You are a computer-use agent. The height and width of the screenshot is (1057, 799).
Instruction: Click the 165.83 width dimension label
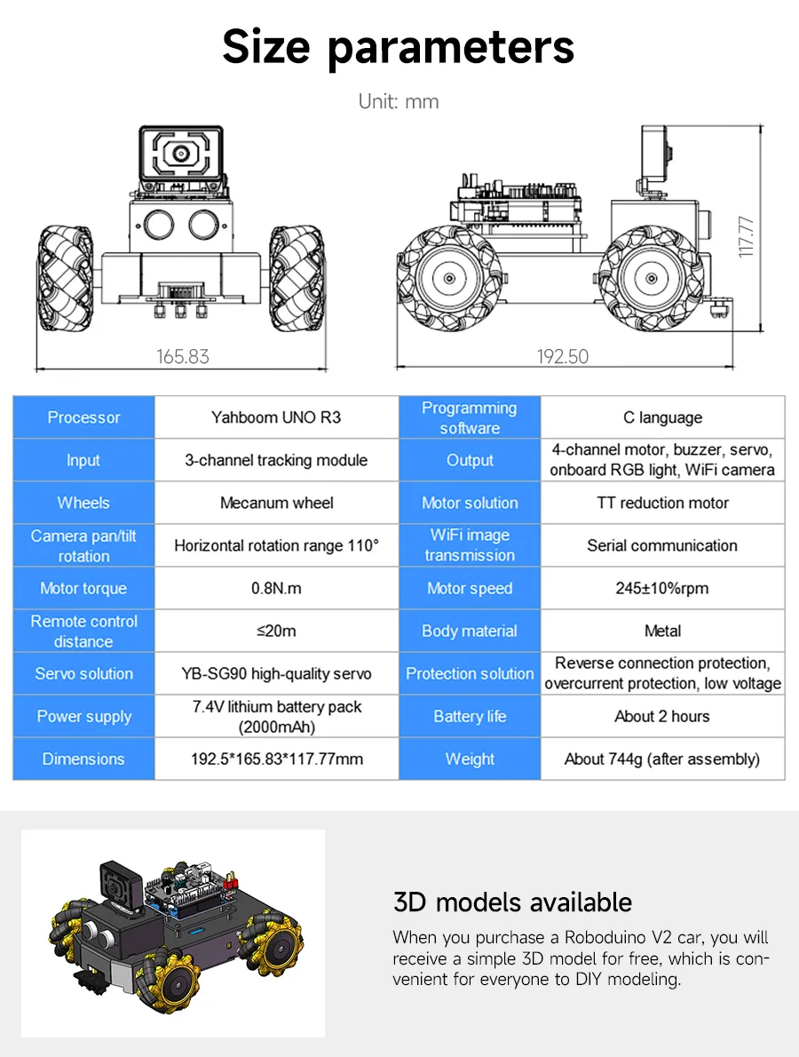pyautogui.click(x=183, y=357)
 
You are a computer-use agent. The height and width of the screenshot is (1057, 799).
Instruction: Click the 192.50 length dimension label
pyautogui.click(x=562, y=357)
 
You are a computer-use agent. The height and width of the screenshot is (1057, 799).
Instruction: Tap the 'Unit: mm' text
pyautogui.click(x=399, y=101)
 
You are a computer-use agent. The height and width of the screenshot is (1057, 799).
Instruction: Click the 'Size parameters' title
pyautogui.click(x=399, y=46)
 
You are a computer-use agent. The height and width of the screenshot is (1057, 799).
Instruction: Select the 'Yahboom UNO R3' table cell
pyautogui.click(x=276, y=417)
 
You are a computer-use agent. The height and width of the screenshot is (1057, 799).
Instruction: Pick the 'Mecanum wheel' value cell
pyautogui.click(x=276, y=503)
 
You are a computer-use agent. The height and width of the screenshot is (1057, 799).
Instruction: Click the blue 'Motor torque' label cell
pyautogui.click(x=83, y=588)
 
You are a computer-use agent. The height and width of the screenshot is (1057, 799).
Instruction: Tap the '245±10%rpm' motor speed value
pyautogui.click(x=662, y=588)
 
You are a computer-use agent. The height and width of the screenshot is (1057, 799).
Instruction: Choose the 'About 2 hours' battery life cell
pyautogui.click(x=662, y=716)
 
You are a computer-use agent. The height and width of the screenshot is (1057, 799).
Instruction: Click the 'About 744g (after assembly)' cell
pyautogui.click(x=662, y=759)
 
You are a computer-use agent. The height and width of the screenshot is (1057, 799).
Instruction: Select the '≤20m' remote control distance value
pyautogui.click(x=276, y=631)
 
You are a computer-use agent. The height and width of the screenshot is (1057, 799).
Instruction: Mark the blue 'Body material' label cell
pyautogui.click(x=470, y=631)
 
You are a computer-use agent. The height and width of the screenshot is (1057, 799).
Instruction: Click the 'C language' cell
pyautogui.click(x=662, y=417)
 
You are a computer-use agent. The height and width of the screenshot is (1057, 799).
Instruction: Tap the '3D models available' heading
pyautogui.click(x=512, y=902)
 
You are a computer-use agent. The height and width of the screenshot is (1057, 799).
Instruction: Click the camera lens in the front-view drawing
pyautogui.click(x=181, y=153)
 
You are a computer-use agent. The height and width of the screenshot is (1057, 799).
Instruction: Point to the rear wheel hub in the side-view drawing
pyautogui.click(x=450, y=277)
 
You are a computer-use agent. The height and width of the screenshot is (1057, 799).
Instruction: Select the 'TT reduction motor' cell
pyautogui.click(x=662, y=503)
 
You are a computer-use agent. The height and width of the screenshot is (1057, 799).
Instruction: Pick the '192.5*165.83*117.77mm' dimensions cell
pyautogui.click(x=276, y=759)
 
